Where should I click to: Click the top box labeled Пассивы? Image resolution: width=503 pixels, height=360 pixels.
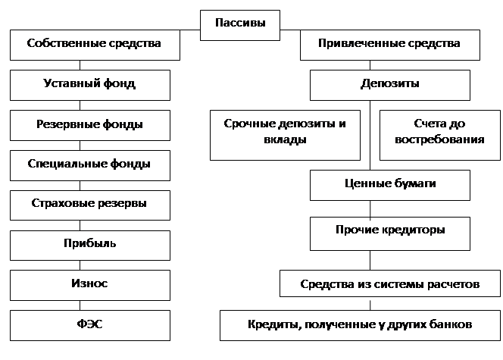tap(240, 25)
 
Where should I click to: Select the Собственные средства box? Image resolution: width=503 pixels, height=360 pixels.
tap(95, 45)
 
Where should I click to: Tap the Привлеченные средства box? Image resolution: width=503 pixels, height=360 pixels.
tap(390, 45)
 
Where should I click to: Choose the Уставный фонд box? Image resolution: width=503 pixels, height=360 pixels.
tap(90, 85)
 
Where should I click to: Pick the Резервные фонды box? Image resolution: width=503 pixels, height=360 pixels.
tap(90, 126)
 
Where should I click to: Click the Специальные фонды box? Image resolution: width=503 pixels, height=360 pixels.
tap(90, 165)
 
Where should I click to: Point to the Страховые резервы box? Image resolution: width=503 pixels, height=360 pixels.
tap(90, 205)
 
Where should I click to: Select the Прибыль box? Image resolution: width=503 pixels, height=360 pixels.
tap(90, 246)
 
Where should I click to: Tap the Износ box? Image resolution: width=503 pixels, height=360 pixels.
tap(90, 285)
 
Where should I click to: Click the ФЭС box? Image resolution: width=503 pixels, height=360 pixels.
tap(90, 325)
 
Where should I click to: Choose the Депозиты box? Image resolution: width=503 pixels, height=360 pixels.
tap(390, 85)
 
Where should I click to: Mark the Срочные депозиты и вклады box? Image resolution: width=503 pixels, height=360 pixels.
tap(285, 135)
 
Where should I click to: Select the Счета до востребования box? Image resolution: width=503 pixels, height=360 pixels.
tap(440, 135)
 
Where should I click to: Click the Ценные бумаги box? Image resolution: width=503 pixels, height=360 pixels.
tap(390, 185)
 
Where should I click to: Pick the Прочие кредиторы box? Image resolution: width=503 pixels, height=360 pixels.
tap(390, 233)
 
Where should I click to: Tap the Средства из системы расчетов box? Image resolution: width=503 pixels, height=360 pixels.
tap(390, 283)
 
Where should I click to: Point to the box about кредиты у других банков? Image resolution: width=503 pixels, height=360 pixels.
tap(360, 325)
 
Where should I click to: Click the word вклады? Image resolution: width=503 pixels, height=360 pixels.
tap(285, 140)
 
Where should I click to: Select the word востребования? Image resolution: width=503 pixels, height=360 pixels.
tap(439, 139)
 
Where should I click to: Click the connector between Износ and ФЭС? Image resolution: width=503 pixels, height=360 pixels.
tap(80, 305)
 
